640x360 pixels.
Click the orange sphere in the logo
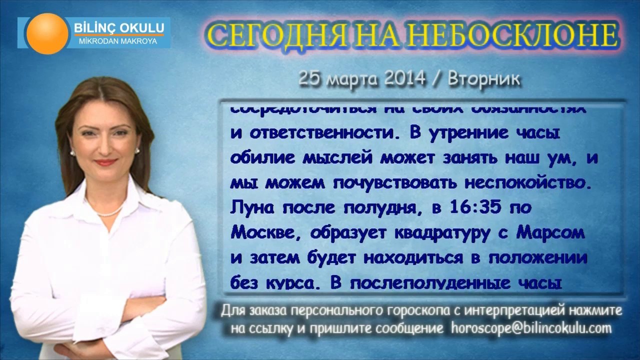(47, 33)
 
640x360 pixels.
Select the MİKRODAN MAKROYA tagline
(118, 41)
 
